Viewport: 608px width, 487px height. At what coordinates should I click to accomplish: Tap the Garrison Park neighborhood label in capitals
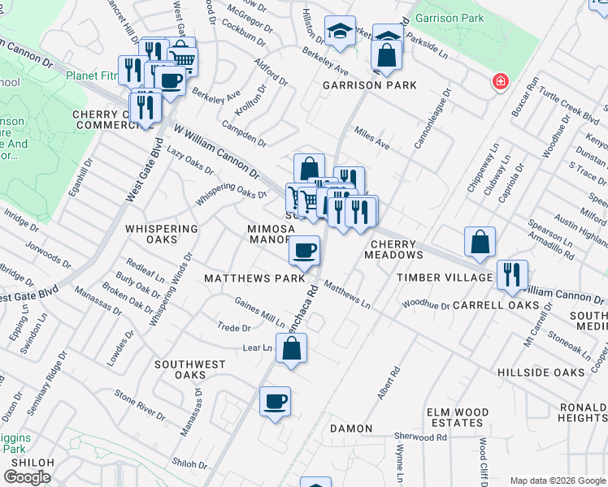pos(370,85)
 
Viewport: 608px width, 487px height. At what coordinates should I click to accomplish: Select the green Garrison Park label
pos(449,18)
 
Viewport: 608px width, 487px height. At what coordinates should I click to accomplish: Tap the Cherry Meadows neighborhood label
pos(397,249)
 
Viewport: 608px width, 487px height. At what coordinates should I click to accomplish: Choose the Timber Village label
pos(444,278)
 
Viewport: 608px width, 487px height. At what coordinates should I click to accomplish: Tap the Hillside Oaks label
pos(541,373)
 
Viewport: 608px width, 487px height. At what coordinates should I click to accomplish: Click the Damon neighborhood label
pos(351,428)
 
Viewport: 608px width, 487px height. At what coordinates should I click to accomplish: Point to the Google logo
pos(27,477)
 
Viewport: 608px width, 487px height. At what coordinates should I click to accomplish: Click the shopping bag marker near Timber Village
pos(480,241)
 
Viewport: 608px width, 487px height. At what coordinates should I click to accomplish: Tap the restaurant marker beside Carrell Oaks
pos(512,274)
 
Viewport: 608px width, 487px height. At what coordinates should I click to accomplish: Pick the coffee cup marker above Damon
pos(275,400)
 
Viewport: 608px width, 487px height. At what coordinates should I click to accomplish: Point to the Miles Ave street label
pos(371,140)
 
